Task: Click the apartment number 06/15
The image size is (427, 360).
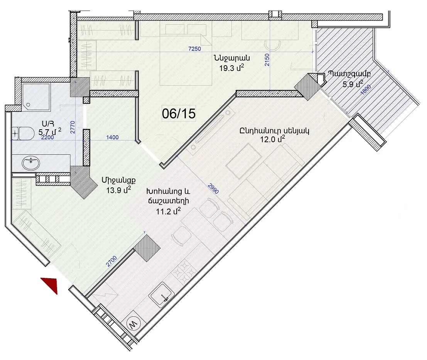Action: click(x=179, y=113)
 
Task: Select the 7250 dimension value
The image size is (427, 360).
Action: click(x=195, y=49)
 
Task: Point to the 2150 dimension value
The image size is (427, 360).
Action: click(x=267, y=60)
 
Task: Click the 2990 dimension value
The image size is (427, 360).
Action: click(x=213, y=188)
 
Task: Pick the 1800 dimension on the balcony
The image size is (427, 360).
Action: click(x=365, y=90)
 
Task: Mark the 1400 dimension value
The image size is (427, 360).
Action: click(x=112, y=137)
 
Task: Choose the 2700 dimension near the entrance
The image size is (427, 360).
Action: click(x=111, y=261)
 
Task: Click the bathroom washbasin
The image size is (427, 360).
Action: click(x=31, y=163)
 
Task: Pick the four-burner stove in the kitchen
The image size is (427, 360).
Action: click(x=184, y=272)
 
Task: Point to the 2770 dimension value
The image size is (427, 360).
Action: click(x=73, y=127)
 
